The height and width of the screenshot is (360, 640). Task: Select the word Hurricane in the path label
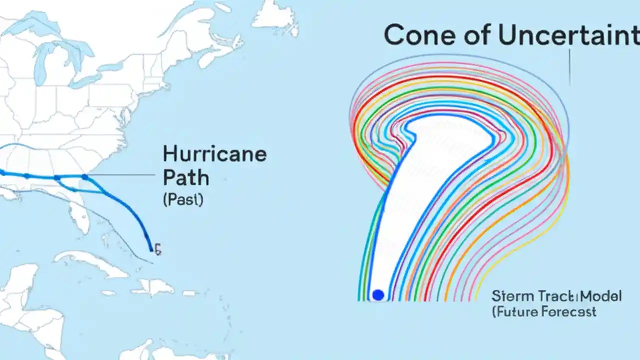214,154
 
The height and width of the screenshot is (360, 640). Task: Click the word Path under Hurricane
185,177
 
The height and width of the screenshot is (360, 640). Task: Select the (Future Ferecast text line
543,312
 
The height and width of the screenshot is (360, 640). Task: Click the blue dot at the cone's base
378,295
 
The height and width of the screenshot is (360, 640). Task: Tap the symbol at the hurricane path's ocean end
157,249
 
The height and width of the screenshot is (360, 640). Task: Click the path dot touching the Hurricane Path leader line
85,176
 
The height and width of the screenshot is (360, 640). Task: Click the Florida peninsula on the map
77,210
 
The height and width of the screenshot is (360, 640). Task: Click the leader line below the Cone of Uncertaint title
569,67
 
